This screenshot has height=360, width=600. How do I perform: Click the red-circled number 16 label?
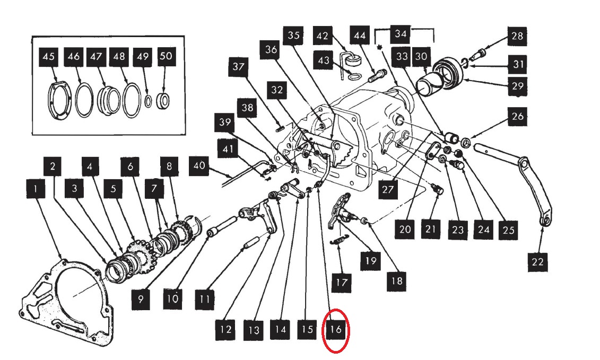tap(336, 330)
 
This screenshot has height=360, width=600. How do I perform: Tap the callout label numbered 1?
tap(36, 188)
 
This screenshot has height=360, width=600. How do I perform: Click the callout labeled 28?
tap(517, 36)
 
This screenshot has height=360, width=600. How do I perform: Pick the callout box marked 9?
tap(141, 299)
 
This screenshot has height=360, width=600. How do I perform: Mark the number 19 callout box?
tap(371, 260)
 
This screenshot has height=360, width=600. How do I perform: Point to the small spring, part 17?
tap(338, 242)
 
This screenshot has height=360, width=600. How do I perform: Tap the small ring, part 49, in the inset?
tap(149, 100)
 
